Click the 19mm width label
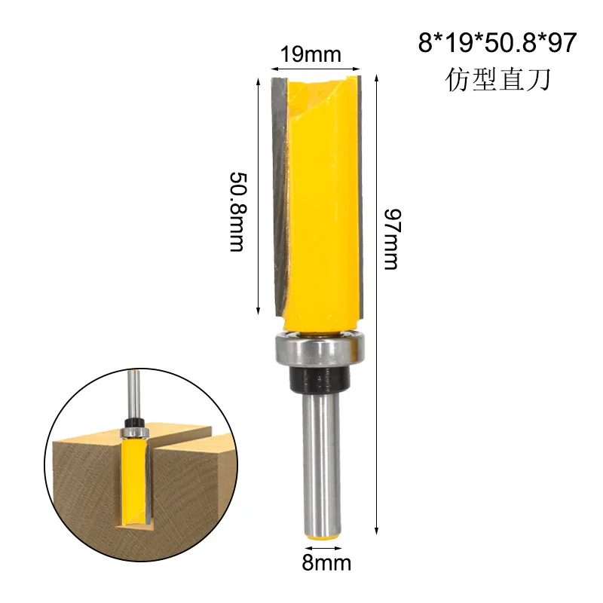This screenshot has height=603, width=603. click(x=311, y=54)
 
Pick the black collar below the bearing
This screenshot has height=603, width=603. click(x=317, y=381)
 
